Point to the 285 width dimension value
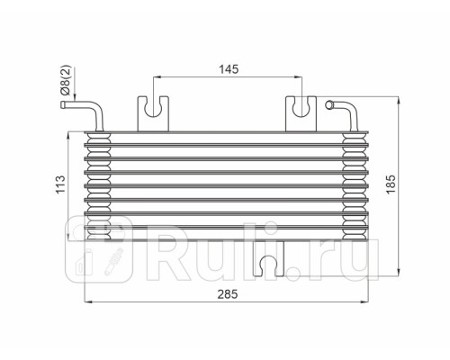click(228, 292)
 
